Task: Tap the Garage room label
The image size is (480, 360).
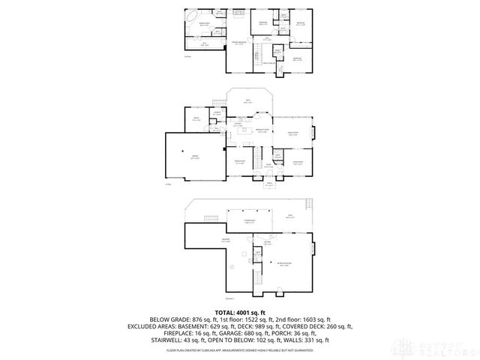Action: [x=194, y=158]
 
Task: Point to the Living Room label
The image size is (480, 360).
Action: [x=297, y=162]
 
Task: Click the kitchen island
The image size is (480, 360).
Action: [x=244, y=130]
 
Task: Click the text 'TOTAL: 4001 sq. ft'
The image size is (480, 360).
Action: [x=240, y=311]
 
